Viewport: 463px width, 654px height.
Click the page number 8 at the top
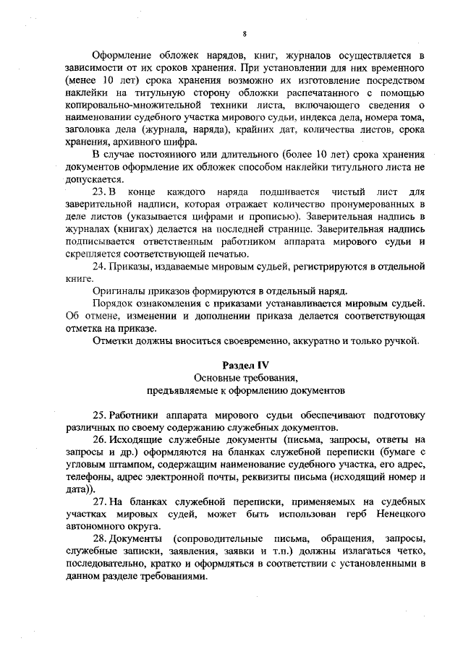tap(245, 33)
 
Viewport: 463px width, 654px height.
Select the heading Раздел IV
tap(245, 365)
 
